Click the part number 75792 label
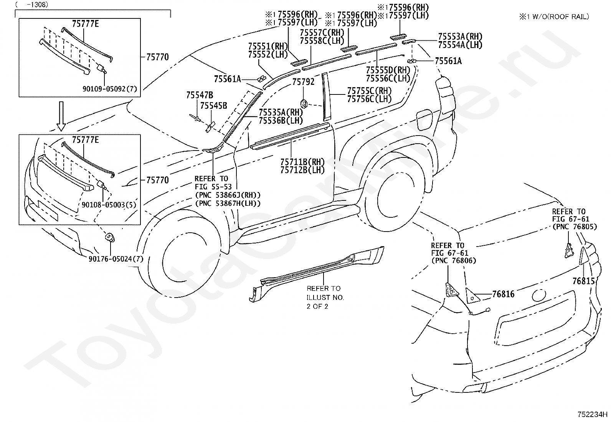tap(303, 82)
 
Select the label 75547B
tap(200, 95)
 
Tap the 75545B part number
tap(213, 106)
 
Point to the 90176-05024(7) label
tap(116, 259)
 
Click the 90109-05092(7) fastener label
tap(110, 89)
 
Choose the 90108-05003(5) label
tap(109, 205)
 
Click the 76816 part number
tap(503, 294)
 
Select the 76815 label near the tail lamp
tap(583, 281)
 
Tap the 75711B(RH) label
tap(302, 162)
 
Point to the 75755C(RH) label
tap(369, 91)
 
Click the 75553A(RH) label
tap(460, 36)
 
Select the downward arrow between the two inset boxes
tap(61, 116)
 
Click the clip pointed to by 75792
tap(304, 104)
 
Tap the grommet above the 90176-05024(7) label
tap(110, 237)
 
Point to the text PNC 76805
tap(575, 227)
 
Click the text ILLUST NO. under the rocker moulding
tap(325, 298)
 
